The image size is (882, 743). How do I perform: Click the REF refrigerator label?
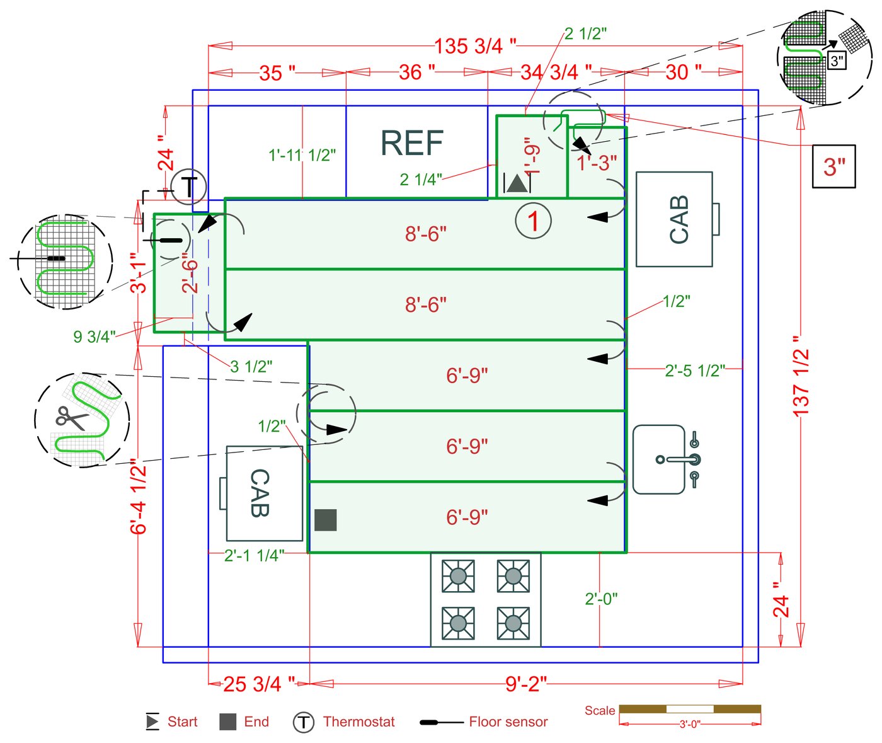click(x=412, y=144)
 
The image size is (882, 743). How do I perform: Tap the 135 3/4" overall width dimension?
click(x=475, y=46)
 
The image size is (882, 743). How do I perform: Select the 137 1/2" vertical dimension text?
click(x=801, y=376)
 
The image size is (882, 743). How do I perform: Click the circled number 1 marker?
click(x=533, y=221)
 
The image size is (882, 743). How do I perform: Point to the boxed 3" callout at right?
click(x=833, y=166)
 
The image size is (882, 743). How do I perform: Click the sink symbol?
click(x=660, y=459)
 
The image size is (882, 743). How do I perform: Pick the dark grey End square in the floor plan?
click(x=325, y=520)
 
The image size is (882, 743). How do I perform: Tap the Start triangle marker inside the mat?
click(x=517, y=183)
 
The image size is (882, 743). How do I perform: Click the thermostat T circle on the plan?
click(x=188, y=186)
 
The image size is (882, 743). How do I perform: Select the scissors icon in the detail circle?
click(x=72, y=418)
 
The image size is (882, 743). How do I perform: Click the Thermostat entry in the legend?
click(x=358, y=722)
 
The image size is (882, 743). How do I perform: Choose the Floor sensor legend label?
click(x=508, y=722)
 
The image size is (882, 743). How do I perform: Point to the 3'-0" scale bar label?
click(x=689, y=725)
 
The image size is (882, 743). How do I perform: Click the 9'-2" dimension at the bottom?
click(x=526, y=684)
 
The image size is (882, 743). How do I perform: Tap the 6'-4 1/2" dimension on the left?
click(x=139, y=497)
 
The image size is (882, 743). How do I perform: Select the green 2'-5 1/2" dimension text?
click(x=695, y=371)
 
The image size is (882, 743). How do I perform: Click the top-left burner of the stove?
click(x=458, y=576)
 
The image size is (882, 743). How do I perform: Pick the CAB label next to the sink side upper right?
click(x=679, y=219)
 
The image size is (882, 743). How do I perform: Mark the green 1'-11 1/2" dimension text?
click(x=302, y=155)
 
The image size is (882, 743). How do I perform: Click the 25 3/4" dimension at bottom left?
click(x=259, y=684)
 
